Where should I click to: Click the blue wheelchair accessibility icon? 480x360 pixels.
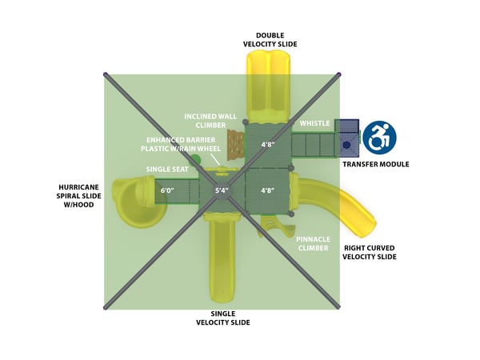click(x=379, y=137)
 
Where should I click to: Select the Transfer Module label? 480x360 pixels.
click(x=375, y=164)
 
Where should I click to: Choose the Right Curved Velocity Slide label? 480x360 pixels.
click(x=369, y=252)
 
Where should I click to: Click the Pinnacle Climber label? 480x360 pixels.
click(x=313, y=243)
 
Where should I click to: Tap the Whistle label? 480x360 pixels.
click(x=314, y=123)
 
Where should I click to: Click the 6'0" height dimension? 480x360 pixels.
click(x=167, y=191)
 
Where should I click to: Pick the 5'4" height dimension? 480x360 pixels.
click(x=222, y=191)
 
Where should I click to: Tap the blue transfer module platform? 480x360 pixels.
click(x=347, y=136)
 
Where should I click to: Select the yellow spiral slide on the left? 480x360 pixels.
click(x=132, y=201)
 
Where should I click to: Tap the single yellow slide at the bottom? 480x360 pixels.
click(x=223, y=256)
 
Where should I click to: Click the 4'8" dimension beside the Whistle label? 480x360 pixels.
click(x=267, y=145)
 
